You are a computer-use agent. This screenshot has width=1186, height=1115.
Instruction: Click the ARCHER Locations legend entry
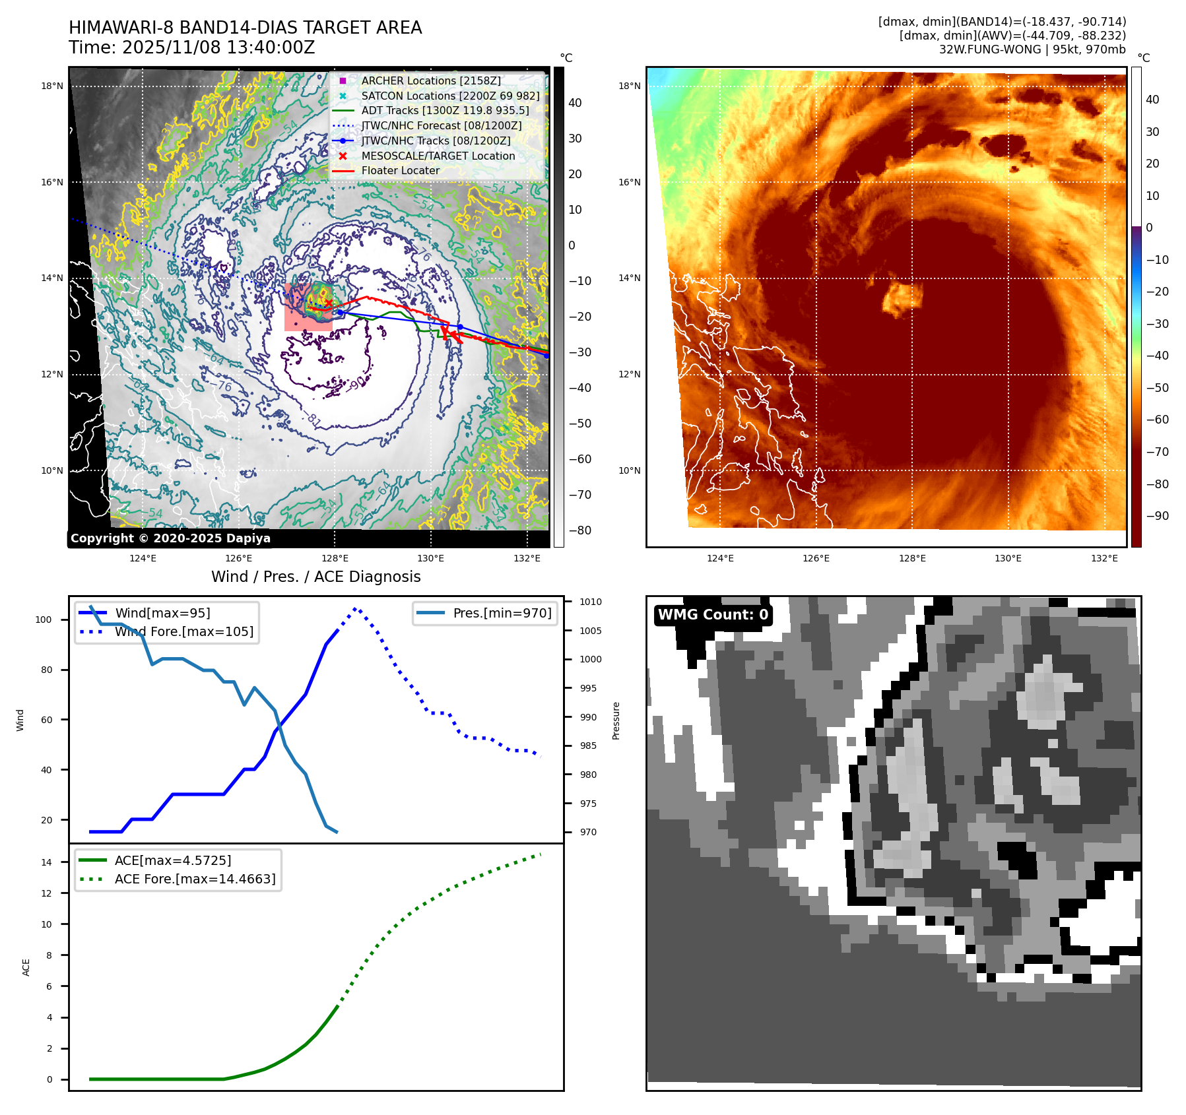click(430, 80)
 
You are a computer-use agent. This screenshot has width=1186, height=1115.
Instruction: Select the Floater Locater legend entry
click(400, 170)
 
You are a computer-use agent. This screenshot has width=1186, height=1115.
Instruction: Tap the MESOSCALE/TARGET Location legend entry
click(438, 156)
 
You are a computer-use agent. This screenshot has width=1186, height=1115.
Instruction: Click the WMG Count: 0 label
click(713, 615)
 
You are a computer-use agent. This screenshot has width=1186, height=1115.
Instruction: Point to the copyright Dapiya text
click(170, 538)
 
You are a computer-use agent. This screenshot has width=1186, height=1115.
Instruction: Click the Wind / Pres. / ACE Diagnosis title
click(315, 577)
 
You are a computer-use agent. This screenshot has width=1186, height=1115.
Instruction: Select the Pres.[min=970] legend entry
click(502, 613)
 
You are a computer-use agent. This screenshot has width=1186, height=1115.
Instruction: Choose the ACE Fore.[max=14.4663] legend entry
click(195, 879)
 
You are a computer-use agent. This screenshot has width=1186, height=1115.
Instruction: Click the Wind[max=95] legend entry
click(162, 613)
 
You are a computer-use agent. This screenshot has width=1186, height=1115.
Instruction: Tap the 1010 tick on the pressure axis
click(590, 602)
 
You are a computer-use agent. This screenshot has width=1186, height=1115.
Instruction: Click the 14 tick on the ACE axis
click(46, 862)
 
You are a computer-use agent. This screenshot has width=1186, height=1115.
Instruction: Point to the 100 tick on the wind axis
click(43, 620)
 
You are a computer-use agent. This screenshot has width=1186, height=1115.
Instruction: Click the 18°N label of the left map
click(52, 86)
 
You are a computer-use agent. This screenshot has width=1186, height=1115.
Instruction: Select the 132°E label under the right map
click(1104, 558)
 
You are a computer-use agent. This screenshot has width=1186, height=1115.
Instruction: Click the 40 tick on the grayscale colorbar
click(575, 103)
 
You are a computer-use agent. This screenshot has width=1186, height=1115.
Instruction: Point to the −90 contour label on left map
click(356, 383)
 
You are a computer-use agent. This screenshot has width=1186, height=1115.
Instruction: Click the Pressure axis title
click(616, 720)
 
